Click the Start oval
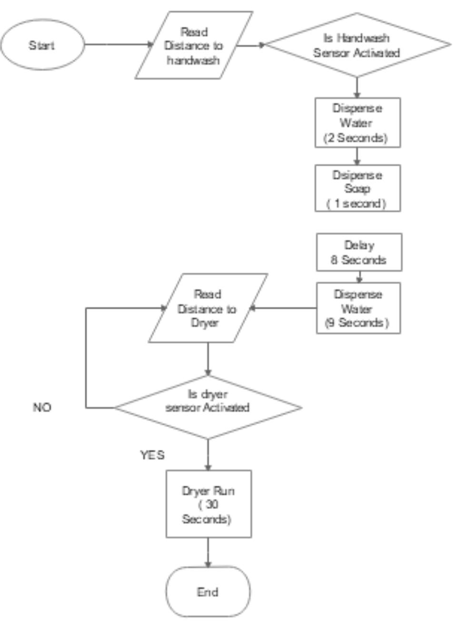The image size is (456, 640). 42,45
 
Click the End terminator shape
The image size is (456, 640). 208,592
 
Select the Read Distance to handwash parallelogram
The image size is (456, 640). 193,46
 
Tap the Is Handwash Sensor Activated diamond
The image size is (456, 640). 357,45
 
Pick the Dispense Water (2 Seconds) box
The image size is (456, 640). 357,123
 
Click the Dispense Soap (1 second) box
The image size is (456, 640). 357,189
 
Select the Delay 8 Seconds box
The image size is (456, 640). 359,253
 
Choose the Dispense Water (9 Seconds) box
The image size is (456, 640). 358,308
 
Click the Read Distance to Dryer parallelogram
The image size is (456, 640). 207,308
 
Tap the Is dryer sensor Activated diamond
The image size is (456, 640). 208,407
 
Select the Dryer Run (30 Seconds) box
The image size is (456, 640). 208,504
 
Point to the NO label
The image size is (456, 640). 42,407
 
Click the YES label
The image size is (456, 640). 152,455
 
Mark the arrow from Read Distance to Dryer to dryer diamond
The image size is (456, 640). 208,358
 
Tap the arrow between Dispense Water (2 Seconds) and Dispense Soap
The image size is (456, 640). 357,156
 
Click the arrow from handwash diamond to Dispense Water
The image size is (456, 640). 357,87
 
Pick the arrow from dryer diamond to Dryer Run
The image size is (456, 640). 208,454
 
